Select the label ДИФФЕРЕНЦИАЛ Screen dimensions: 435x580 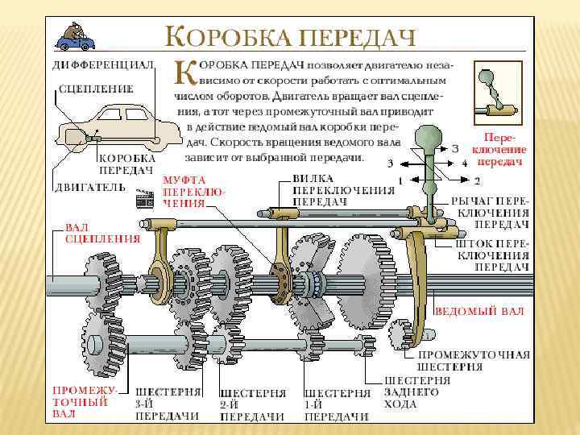(x=103, y=64)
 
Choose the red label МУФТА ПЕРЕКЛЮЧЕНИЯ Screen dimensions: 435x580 (x=194, y=192)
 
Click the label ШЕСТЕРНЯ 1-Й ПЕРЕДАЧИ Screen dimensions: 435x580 (x=337, y=404)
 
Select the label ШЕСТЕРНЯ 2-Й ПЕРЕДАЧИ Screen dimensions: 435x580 (x=253, y=404)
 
